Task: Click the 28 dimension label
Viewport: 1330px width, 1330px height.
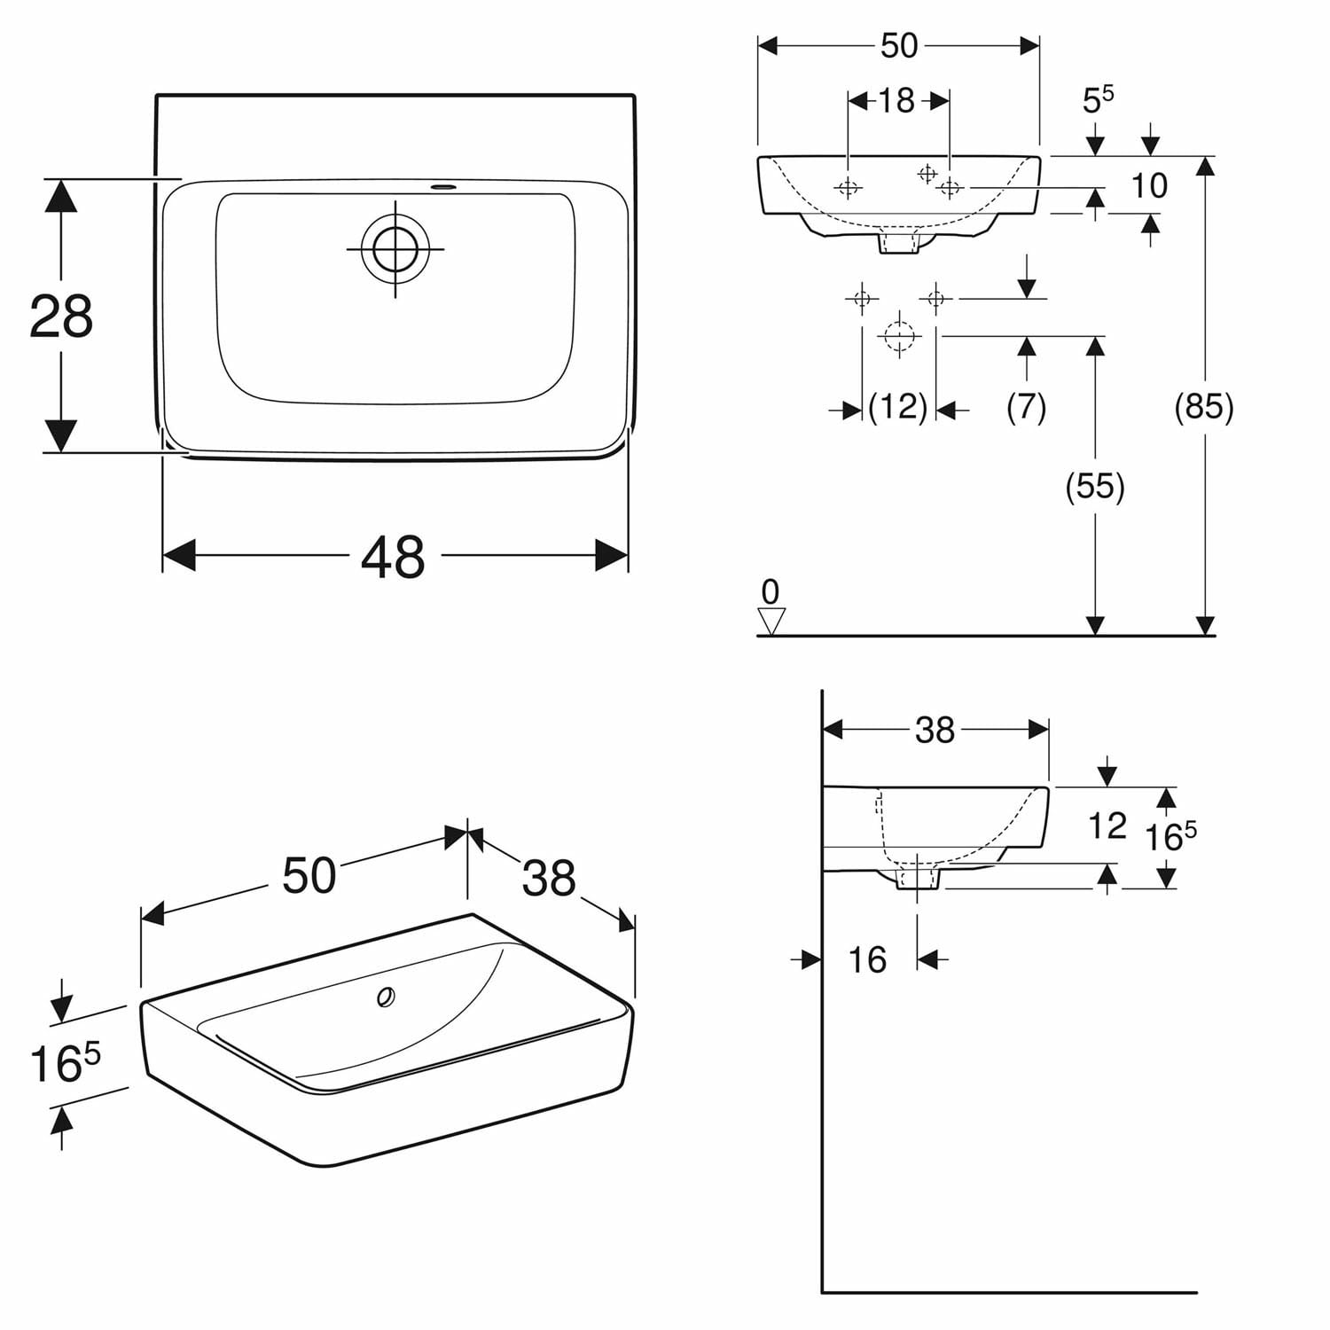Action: tap(61, 317)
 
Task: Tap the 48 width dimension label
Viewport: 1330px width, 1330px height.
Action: tap(393, 558)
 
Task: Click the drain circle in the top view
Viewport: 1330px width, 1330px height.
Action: tap(395, 248)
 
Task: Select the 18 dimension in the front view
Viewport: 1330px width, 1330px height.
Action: tap(896, 101)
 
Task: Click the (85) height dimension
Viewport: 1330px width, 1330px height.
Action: tap(1203, 406)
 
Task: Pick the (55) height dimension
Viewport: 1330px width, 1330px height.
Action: tap(1095, 486)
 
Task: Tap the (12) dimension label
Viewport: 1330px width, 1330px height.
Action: tap(897, 407)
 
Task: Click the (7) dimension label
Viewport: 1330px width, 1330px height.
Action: tap(1027, 407)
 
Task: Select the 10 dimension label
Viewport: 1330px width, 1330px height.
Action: tap(1149, 186)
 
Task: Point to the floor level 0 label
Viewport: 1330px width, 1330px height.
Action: tap(771, 591)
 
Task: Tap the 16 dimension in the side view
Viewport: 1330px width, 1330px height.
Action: tap(866, 959)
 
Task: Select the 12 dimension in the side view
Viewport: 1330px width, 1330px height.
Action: tap(1107, 826)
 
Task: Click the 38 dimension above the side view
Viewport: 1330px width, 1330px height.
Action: tap(935, 730)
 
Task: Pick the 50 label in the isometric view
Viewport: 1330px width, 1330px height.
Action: tap(309, 875)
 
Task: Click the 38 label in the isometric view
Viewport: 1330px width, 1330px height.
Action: tap(549, 878)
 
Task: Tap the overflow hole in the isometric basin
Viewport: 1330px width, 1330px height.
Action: tap(386, 997)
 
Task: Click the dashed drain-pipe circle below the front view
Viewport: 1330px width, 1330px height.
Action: tap(899, 336)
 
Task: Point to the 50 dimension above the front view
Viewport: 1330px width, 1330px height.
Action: tap(898, 46)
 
